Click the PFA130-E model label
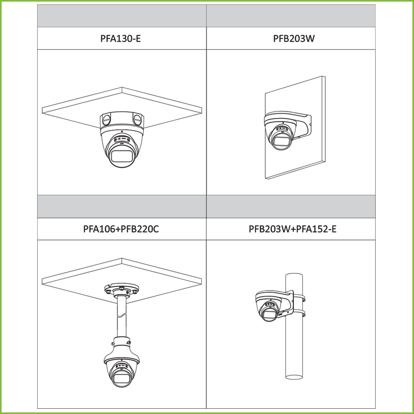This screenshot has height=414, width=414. (120, 38)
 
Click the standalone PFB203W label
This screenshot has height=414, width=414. (294, 38)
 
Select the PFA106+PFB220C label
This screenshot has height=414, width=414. (121, 229)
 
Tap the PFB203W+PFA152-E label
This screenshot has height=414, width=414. (293, 229)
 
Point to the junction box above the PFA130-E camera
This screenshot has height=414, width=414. (122, 120)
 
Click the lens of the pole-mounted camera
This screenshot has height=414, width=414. (269, 314)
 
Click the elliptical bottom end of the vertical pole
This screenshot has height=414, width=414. (294, 377)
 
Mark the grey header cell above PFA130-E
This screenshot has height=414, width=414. (122, 16)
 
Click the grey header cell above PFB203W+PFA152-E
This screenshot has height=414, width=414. (291, 207)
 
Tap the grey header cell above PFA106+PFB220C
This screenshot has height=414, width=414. (122, 207)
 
